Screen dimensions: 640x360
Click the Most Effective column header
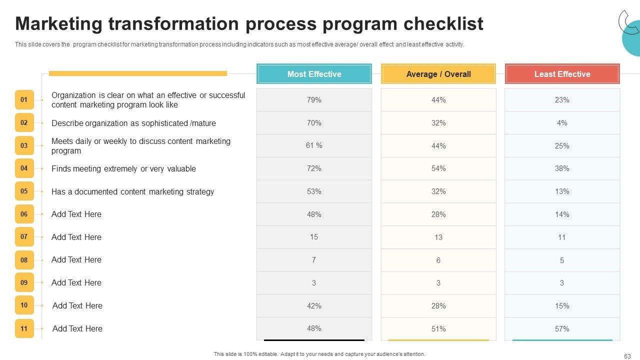tap(314, 73)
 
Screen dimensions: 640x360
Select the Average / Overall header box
tap(438, 73)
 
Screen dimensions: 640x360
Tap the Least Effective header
tap(562, 73)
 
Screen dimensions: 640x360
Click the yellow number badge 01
tap(24, 99)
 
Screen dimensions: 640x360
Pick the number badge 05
tap(24, 191)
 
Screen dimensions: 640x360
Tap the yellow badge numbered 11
tap(24, 328)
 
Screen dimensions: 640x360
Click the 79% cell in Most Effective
tap(314, 99)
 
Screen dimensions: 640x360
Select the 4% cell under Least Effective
tap(562, 123)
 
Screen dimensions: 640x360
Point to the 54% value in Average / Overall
tap(438, 168)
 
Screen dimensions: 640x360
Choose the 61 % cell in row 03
tap(314, 145)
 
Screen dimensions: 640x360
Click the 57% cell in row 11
tap(562, 329)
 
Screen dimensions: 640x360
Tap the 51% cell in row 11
tap(438, 329)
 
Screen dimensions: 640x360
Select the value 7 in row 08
tap(313, 259)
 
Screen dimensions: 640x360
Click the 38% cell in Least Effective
tap(562, 168)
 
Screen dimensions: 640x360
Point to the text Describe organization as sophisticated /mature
tap(133, 123)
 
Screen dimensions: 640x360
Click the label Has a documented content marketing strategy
tap(132, 191)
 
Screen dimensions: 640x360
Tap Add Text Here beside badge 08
tap(76, 259)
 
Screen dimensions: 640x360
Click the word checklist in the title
tap(443, 23)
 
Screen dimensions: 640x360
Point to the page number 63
tap(627, 356)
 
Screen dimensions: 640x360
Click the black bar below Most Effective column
tap(314, 340)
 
